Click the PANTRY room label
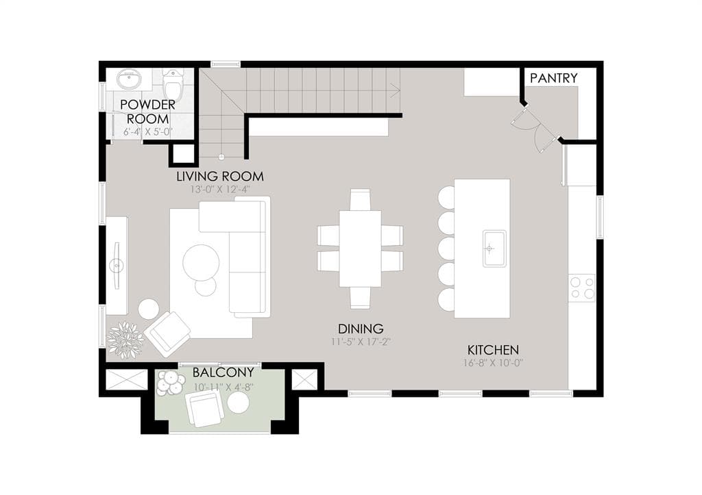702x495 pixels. (x=553, y=78)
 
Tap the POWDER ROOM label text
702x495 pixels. (x=148, y=112)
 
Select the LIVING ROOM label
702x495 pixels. (x=220, y=176)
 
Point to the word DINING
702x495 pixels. (x=361, y=329)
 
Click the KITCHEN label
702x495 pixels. (x=493, y=350)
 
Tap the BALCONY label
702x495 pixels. (x=223, y=372)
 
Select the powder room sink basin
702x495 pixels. (x=130, y=80)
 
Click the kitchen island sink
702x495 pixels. (x=494, y=249)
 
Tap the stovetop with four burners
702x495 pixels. (x=581, y=288)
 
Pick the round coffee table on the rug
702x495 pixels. (x=201, y=262)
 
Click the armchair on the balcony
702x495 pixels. (x=205, y=409)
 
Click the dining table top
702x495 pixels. (x=361, y=249)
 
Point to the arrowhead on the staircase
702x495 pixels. (x=395, y=90)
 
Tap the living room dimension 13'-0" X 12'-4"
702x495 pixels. (x=219, y=189)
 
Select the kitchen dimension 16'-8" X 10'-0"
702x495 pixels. (x=493, y=363)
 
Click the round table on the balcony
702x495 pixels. (x=238, y=403)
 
